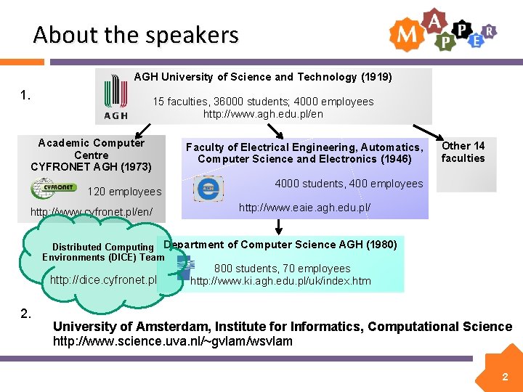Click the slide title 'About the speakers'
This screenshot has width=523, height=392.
(136, 34)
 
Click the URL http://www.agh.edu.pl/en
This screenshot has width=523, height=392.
(263, 114)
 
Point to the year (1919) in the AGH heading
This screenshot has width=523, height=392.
(376, 76)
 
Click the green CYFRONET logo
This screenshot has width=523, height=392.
(52, 189)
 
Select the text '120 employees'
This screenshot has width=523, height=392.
(124, 192)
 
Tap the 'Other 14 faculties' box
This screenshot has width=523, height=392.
(463, 152)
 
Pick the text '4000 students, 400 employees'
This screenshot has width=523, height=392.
(348, 184)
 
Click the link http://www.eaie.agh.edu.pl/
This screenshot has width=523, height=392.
(304, 208)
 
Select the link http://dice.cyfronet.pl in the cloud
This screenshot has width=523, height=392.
(103, 279)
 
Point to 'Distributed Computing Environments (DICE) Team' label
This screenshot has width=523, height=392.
(103, 252)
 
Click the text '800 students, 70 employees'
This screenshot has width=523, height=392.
(282, 269)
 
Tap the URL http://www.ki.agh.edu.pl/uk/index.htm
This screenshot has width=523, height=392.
(280, 281)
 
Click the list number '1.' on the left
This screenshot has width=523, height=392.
(25, 94)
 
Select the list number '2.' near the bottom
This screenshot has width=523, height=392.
(25, 314)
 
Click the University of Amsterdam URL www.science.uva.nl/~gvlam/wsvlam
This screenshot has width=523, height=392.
(173, 341)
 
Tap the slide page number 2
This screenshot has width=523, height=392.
(503, 377)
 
